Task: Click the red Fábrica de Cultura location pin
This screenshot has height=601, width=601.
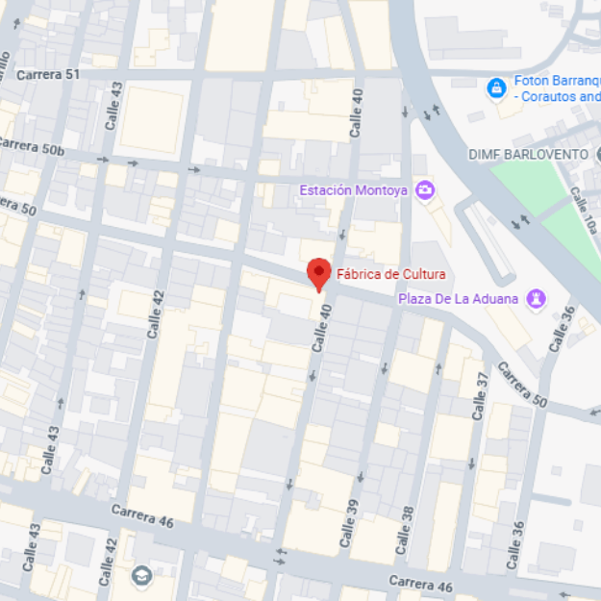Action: (x=318, y=274)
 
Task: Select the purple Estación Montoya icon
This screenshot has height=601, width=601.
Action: (x=424, y=189)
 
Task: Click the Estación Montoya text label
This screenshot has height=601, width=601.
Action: (x=353, y=190)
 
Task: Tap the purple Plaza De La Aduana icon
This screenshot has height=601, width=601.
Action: (x=537, y=299)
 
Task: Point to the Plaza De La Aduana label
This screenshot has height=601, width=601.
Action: (x=459, y=299)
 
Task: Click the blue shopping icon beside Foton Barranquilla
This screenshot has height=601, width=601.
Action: (x=496, y=88)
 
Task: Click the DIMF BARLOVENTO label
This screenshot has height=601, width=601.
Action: (x=528, y=154)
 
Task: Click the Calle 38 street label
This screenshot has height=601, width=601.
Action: (x=407, y=523)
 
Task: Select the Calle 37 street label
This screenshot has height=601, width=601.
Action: (x=480, y=394)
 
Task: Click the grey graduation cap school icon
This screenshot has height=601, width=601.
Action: (x=142, y=576)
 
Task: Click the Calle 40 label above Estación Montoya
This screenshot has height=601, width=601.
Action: (x=357, y=112)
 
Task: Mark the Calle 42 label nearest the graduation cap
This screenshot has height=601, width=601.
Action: (x=109, y=557)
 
